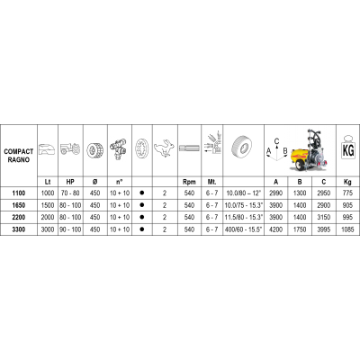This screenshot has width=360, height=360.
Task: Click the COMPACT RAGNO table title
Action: pyautogui.click(x=19, y=156)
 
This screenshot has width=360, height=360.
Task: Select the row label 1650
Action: pyautogui.click(x=19, y=205)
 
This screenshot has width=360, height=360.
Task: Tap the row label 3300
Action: pyautogui.click(x=19, y=229)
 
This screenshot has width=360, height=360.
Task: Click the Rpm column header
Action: pyautogui.click(x=189, y=182)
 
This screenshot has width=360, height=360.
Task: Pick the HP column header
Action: pyautogui.click(x=70, y=182)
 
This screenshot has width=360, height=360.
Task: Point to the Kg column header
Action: pyautogui.click(x=347, y=182)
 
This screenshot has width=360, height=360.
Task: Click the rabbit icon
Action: pyautogui.click(x=165, y=148)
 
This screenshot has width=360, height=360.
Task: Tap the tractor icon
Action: pyautogui.click(x=70, y=148)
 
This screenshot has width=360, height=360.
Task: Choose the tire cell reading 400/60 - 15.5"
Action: pyautogui.click(x=243, y=229)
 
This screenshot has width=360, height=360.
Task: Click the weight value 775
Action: pyautogui.click(x=347, y=193)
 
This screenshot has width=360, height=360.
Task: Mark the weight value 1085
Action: pyautogui.click(x=347, y=229)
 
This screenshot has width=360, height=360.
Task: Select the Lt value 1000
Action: pyautogui.click(x=48, y=193)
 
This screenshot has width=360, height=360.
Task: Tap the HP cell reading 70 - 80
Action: pyautogui.click(x=70, y=193)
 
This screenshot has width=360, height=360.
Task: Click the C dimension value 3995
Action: pyautogui.click(x=324, y=229)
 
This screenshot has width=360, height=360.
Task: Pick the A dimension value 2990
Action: pyautogui.click(x=275, y=193)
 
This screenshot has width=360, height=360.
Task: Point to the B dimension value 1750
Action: pyautogui.click(x=300, y=229)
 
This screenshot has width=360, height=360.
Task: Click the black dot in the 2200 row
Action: pyautogui.click(x=142, y=217)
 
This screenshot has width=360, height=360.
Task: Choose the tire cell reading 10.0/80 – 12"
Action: pyautogui.click(x=243, y=193)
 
